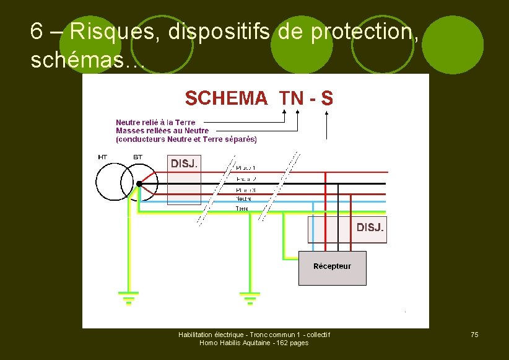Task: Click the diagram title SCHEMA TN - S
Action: point(259,98)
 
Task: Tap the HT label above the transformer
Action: point(103,157)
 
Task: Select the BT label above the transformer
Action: point(137,157)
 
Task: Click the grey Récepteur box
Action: point(332,268)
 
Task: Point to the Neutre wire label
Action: point(244,199)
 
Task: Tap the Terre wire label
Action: point(242,208)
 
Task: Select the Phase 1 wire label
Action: point(246,168)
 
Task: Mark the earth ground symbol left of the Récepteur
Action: point(250,299)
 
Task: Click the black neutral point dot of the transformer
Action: point(139,184)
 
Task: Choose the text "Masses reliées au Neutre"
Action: point(162,131)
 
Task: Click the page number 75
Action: point(474,335)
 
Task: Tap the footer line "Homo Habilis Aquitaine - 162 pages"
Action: point(254,343)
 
